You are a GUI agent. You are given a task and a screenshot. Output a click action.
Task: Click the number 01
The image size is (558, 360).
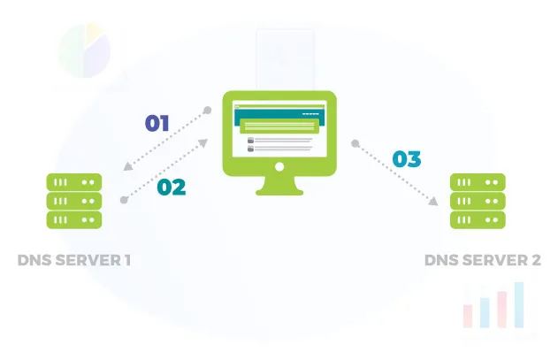(x=157, y=122)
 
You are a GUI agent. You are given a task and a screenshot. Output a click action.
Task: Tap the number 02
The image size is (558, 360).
(x=171, y=187)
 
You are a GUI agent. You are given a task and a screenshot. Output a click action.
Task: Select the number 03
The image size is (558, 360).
(x=406, y=159)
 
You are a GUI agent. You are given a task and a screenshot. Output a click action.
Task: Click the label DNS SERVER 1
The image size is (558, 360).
(x=74, y=261)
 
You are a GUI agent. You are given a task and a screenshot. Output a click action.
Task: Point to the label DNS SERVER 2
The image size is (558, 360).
(x=481, y=261)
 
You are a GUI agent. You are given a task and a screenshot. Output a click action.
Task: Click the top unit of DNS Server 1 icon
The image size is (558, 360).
(x=74, y=182)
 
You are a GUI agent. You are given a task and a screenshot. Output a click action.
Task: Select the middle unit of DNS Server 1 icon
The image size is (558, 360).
(x=74, y=201)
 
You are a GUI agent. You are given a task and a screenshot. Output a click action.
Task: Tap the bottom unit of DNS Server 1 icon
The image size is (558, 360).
(x=74, y=219)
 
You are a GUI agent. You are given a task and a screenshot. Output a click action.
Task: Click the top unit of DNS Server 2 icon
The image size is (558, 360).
(x=478, y=182)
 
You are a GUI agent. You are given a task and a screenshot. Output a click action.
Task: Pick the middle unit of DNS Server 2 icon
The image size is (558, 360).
(x=478, y=201)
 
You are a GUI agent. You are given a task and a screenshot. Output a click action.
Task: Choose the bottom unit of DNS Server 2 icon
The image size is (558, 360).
(x=478, y=219)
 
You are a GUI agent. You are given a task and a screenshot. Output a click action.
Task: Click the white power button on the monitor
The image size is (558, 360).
(x=279, y=166)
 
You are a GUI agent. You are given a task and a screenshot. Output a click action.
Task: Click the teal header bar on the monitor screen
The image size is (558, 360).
(x=279, y=113)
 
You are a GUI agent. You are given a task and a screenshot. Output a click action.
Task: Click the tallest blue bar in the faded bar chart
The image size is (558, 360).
(x=520, y=305)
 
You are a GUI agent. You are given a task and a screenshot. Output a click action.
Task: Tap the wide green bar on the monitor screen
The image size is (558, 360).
(x=279, y=127)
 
